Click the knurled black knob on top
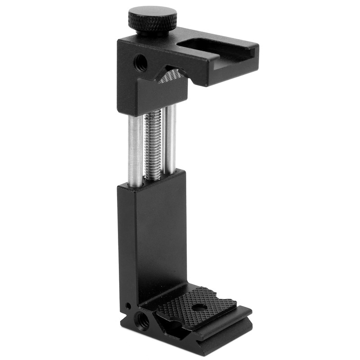(x=153, y=20)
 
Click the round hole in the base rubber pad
(x=197, y=308)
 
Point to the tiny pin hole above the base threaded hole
(x=129, y=306)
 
